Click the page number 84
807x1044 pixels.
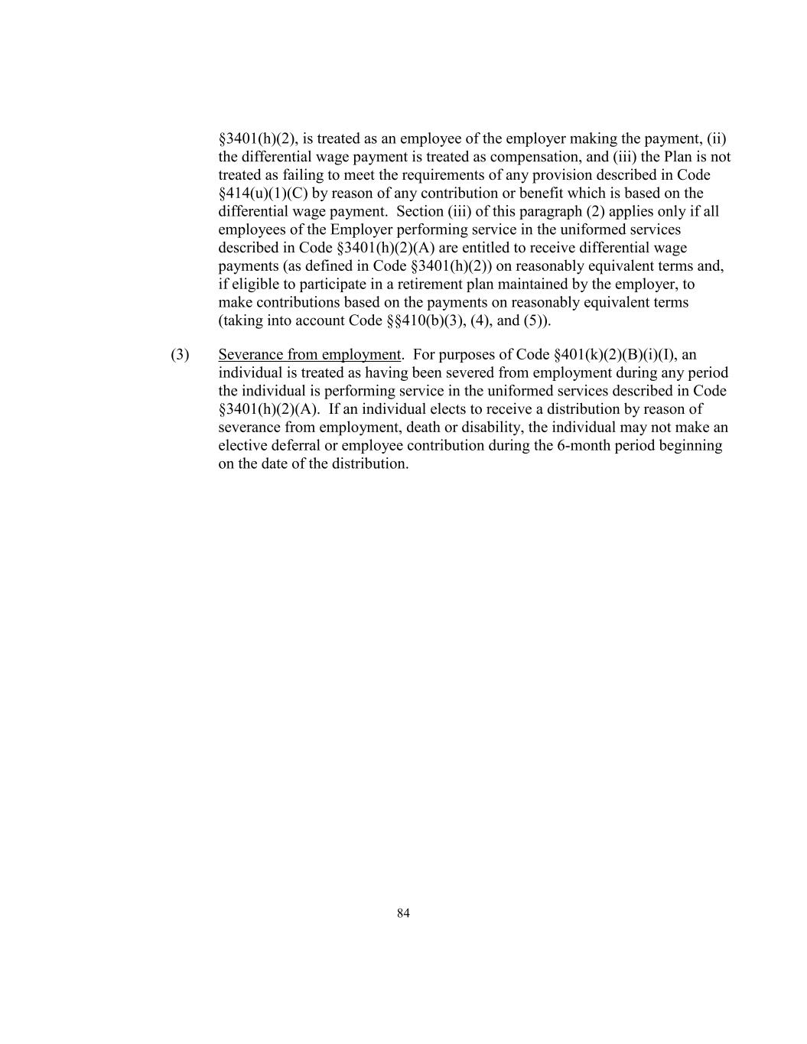pos(403,912)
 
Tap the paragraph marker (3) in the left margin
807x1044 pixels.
pos(180,355)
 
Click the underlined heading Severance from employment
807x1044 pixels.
pos(309,355)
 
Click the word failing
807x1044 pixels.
pos(298,175)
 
